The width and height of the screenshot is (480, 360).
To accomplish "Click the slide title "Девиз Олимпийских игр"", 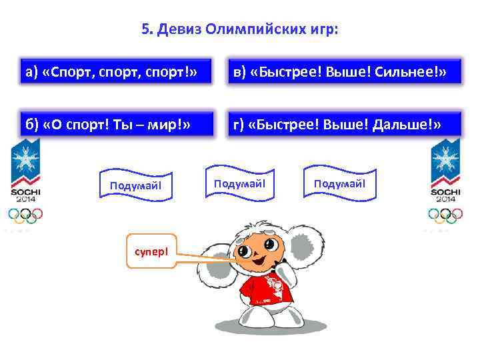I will (240, 29).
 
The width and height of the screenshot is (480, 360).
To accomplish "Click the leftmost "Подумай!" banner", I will (136, 184).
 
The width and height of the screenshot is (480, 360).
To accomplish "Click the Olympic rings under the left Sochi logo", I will (25, 215).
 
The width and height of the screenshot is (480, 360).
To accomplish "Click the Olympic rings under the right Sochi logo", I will (445, 215).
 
